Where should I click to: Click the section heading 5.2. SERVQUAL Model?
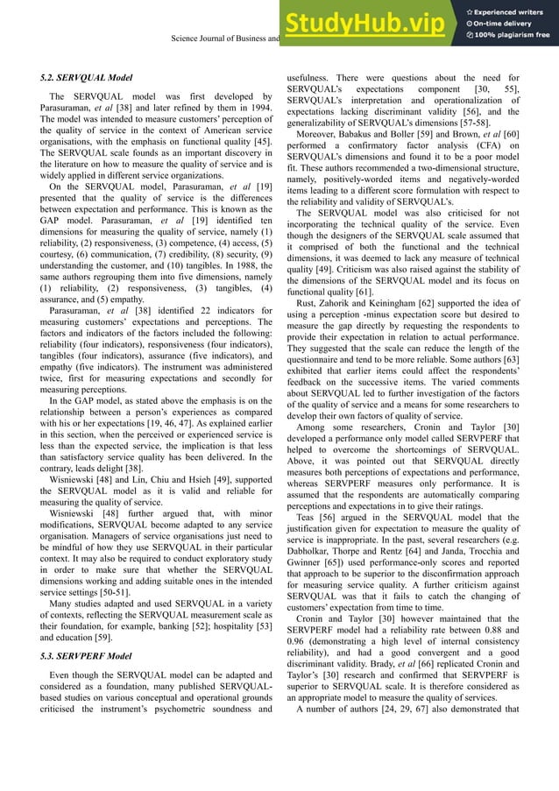tap(87, 78)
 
